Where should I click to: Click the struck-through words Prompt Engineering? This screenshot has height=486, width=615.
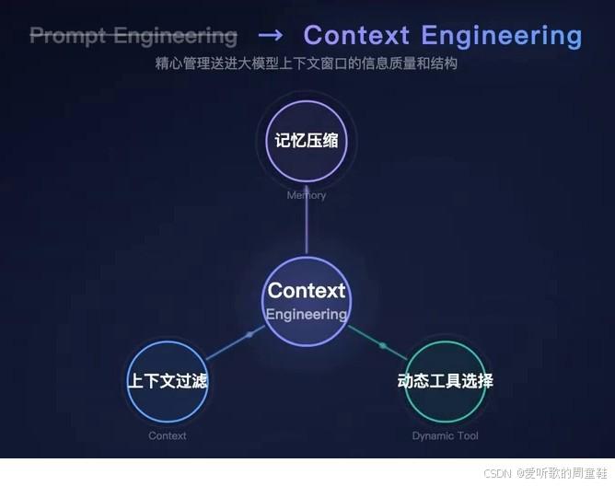[x=133, y=36]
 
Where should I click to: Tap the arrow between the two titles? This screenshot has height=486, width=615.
[x=270, y=36]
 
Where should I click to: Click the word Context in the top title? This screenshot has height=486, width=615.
[x=356, y=36]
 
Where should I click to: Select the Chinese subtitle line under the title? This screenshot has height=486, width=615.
[x=307, y=64]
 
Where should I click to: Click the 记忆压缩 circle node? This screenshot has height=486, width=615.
[x=306, y=141]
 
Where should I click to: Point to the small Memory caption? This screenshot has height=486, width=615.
[x=306, y=195]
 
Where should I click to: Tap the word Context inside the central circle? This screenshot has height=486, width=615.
[x=307, y=291]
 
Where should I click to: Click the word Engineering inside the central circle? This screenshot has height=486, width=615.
[x=307, y=314]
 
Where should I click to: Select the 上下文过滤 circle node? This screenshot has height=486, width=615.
[x=167, y=381]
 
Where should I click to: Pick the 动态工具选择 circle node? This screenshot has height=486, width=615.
[x=446, y=381]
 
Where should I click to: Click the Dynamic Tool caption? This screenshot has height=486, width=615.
[x=446, y=435]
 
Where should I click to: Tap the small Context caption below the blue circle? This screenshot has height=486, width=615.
[x=168, y=435]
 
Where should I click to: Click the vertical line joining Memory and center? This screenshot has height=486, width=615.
[x=306, y=226]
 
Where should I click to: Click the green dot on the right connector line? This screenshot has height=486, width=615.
[x=382, y=345]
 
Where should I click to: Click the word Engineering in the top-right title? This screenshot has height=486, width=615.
[x=502, y=36]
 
